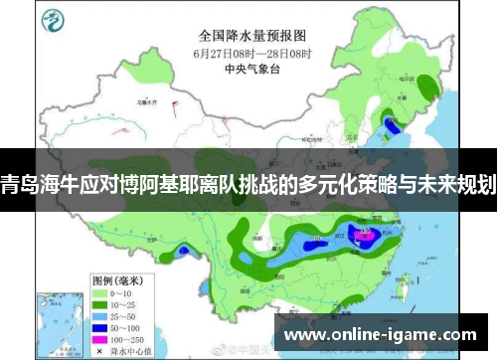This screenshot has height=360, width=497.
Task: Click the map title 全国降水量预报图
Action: pyautogui.click(x=248, y=32)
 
